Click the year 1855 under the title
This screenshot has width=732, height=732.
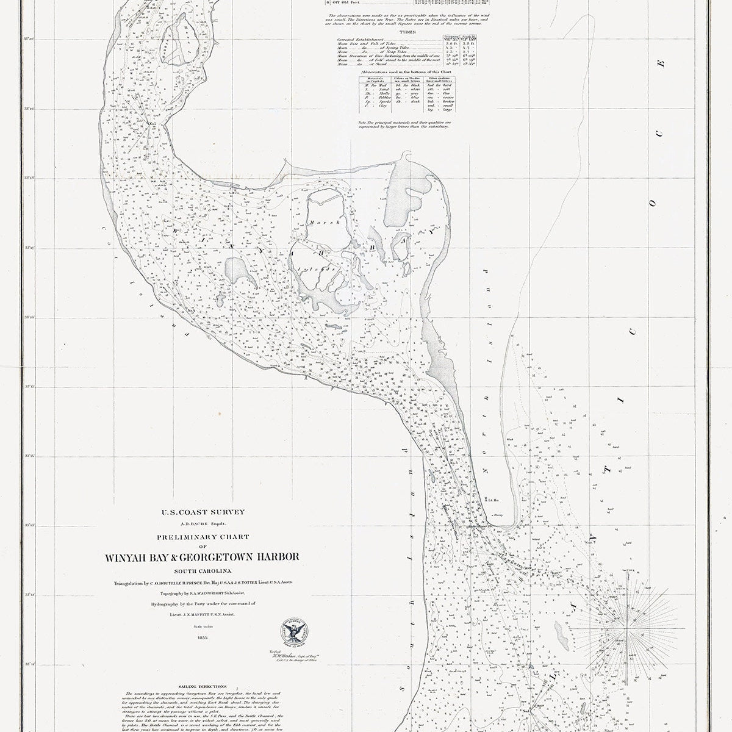203,637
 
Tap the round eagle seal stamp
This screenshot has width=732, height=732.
292,632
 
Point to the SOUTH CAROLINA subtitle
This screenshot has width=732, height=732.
203,571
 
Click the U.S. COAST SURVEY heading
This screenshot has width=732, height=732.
203,512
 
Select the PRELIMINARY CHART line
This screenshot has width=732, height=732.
203,537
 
